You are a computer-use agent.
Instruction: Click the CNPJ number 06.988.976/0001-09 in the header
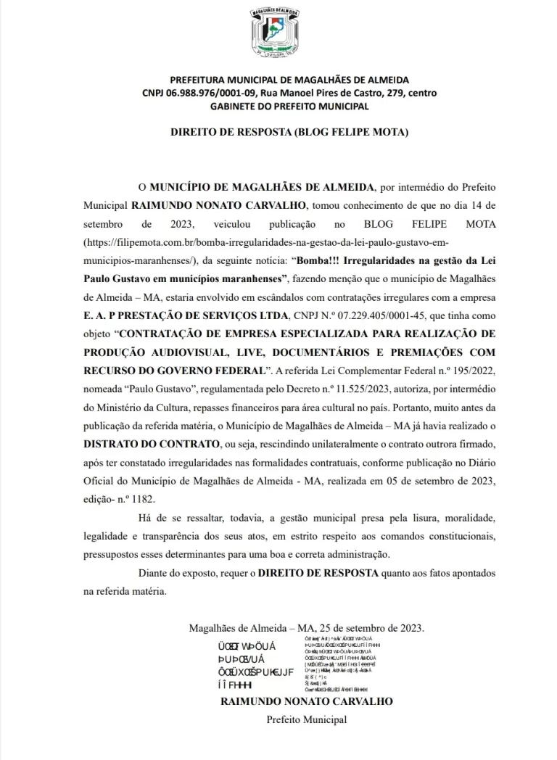(199, 93)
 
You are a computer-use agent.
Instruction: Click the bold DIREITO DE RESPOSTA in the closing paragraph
(318, 574)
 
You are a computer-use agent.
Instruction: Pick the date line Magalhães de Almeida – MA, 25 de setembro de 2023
(306, 628)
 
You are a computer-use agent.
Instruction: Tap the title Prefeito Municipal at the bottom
(306, 719)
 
